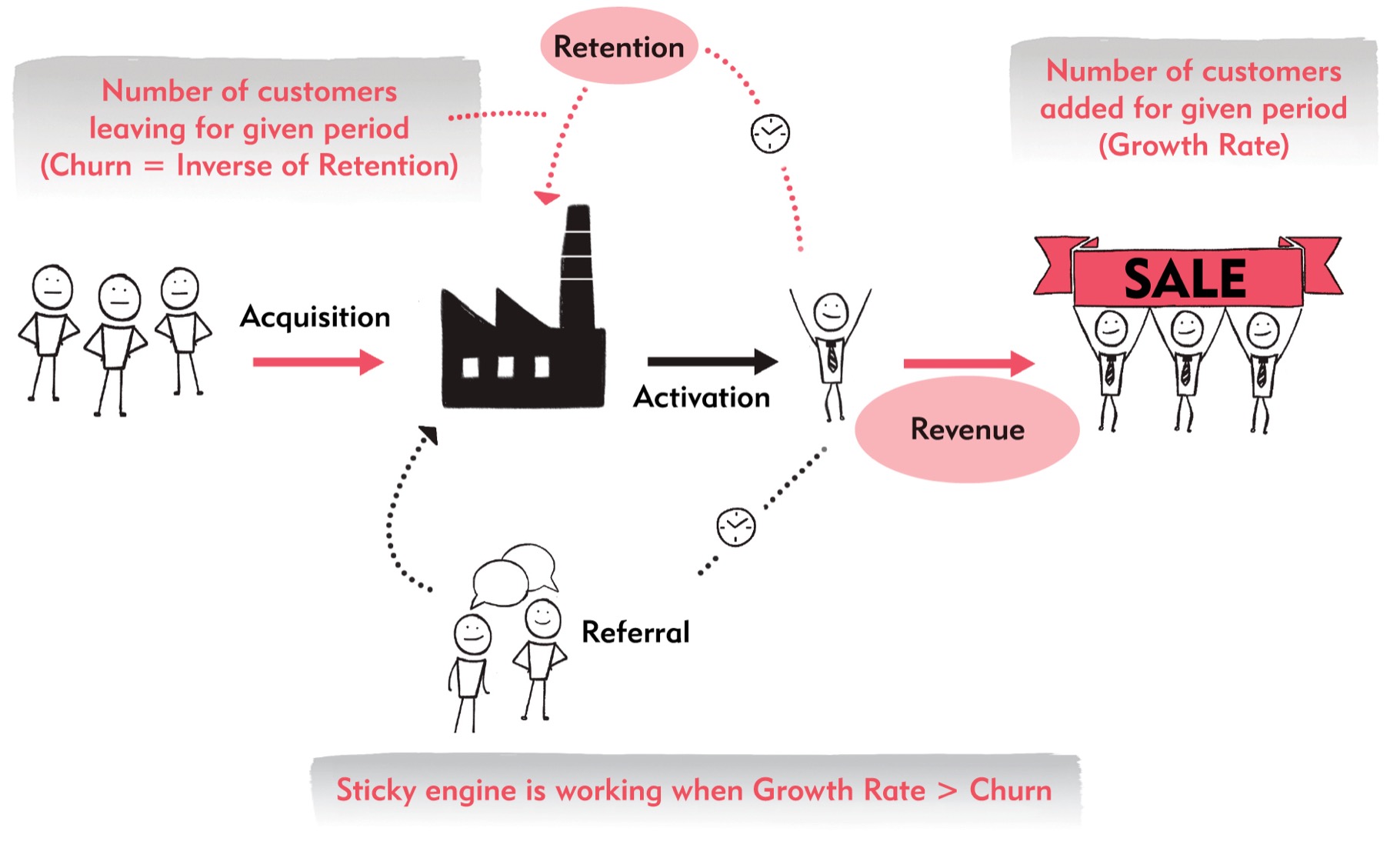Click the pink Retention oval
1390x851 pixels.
(618, 46)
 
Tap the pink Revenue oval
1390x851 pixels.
(967, 429)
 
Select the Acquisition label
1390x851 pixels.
(315, 317)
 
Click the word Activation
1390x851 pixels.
(702, 397)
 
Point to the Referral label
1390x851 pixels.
(635, 632)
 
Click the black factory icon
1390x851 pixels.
(523, 308)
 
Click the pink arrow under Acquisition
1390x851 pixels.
(318, 362)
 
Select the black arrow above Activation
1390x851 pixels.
(713, 361)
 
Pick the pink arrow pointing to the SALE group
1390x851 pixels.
(969, 363)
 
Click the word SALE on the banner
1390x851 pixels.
(1185, 278)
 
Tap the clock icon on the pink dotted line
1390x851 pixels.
(770, 134)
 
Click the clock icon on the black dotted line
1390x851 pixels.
(736, 527)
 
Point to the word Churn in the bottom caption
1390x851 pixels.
(1010, 790)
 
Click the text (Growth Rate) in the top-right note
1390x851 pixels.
(1194, 145)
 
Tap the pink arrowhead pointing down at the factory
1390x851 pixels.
(546, 198)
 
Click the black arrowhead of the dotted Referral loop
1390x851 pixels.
(428, 435)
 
